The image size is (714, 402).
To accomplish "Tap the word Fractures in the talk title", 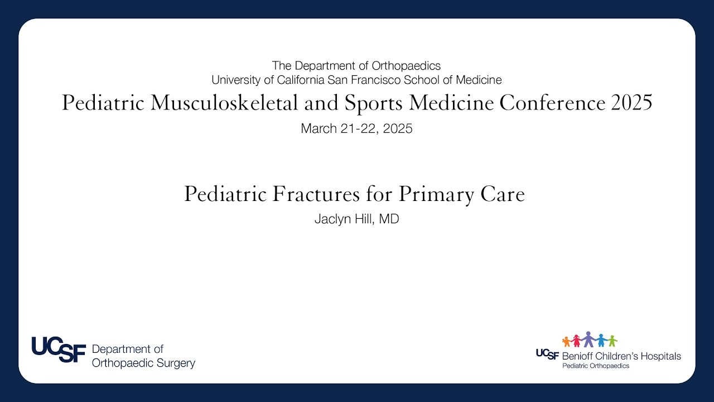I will (x=317, y=194).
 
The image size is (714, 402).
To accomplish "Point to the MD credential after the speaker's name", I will (x=389, y=219).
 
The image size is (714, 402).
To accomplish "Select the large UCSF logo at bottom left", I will (x=59, y=350).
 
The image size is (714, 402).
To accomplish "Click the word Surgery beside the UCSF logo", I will (x=174, y=363).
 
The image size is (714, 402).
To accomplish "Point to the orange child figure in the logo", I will (x=567, y=341).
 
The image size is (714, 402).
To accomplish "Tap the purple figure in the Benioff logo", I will (x=588, y=339).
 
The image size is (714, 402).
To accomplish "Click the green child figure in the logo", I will (x=612, y=341).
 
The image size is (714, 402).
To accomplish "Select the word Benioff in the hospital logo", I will (x=580, y=356).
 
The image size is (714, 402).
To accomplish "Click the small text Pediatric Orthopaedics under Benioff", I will (x=595, y=366).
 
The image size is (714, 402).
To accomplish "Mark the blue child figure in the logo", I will (x=601, y=340).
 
